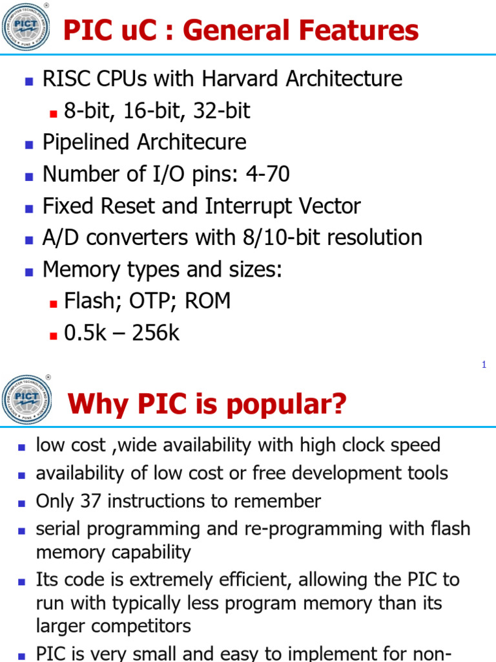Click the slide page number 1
(x=484, y=365)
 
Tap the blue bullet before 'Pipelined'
(x=28, y=144)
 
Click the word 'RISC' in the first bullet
(x=64, y=79)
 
